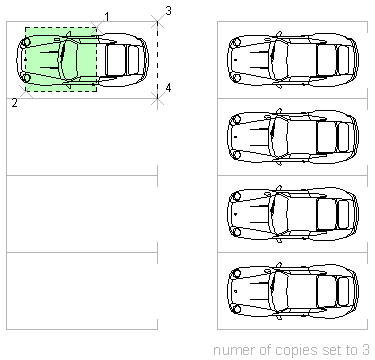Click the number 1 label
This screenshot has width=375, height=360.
(x=107, y=16)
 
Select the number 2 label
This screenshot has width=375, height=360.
(x=14, y=103)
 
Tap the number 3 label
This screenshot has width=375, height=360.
(x=168, y=11)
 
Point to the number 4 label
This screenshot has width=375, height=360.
(x=168, y=88)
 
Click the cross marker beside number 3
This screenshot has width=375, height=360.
(x=157, y=22)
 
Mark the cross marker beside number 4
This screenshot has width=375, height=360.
(x=157, y=98)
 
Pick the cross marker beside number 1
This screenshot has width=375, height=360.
(x=97, y=27)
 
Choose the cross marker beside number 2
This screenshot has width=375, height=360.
(x=26, y=91)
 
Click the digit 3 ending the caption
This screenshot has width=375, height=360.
(x=366, y=350)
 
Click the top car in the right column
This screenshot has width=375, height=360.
(x=293, y=60)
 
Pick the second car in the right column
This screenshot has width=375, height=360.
(x=293, y=137)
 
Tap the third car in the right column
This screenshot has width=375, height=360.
(x=293, y=214)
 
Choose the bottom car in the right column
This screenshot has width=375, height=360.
(x=293, y=291)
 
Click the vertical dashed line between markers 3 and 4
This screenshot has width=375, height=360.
(x=157, y=60)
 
